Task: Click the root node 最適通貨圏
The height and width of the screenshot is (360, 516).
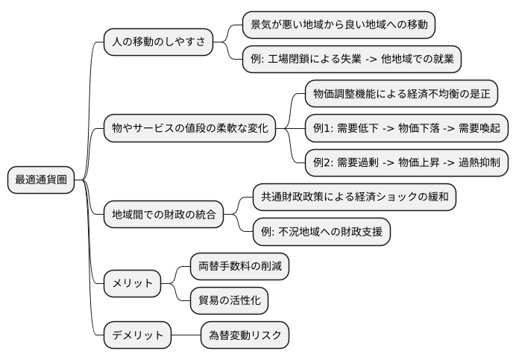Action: pyautogui.click(x=41, y=180)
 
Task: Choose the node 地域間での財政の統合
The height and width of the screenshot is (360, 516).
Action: pyautogui.click(x=163, y=215)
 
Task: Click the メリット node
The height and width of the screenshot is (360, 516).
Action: pyautogui.click(x=132, y=282)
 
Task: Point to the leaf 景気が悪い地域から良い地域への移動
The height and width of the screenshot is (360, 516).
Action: pyautogui.click(x=339, y=25)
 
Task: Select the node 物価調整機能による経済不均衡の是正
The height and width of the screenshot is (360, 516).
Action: pyautogui.click(x=401, y=94)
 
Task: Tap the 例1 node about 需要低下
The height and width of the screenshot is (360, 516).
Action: pyautogui.click(x=402, y=128)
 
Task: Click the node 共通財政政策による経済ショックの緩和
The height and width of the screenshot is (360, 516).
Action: pyautogui.click(x=354, y=197)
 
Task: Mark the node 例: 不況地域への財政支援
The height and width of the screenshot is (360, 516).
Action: pyautogui.click(x=321, y=232)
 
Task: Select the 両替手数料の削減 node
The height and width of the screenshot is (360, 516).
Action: pyautogui.click(x=239, y=265)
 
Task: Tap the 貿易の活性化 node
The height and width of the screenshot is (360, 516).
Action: pyautogui.click(x=229, y=300)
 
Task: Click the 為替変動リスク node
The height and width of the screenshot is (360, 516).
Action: pyautogui.click(x=245, y=335)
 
